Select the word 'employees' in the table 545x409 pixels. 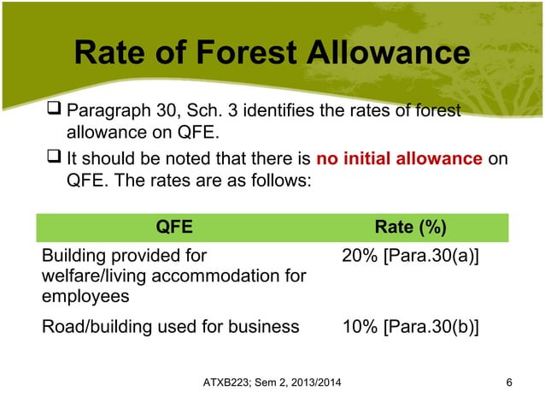84,295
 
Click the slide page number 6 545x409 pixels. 509,381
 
